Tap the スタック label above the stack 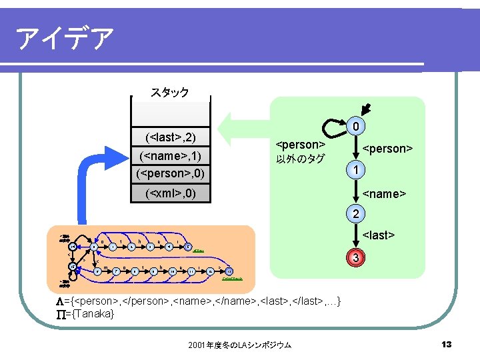pyautogui.click(x=169, y=92)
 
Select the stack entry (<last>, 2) pyautogui.click(x=169, y=138)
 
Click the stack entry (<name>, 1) pyautogui.click(x=169, y=157)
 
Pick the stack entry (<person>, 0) pyautogui.click(x=169, y=174)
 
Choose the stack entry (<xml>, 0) pyautogui.click(x=169, y=194)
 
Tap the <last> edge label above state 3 pyautogui.click(x=379, y=235)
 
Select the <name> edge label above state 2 pyautogui.click(x=383, y=193)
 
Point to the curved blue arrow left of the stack pyautogui.click(x=93, y=180)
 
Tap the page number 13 pyautogui.click(x=447, y=344)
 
